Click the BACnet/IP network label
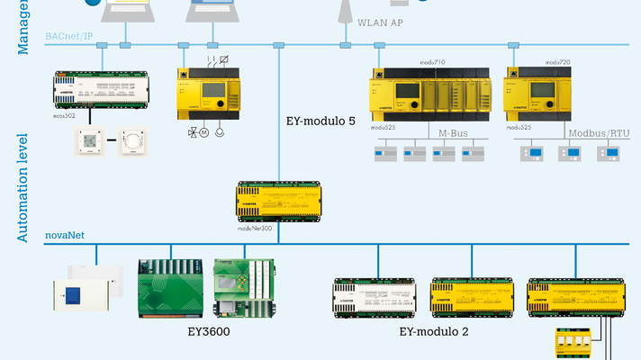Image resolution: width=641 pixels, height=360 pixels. coord(68,35)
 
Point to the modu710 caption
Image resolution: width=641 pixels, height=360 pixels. coord(434,62)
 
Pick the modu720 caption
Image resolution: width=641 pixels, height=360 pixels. coord(558,62)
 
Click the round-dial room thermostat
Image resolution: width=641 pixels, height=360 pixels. coord(132,141)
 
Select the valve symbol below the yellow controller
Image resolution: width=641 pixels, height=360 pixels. coord(193,132)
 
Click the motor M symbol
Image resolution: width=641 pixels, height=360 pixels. coord(205,132)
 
